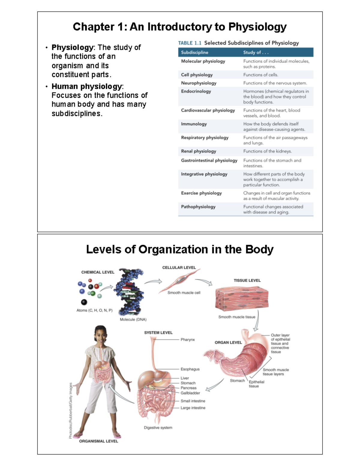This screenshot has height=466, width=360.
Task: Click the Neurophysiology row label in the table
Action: (x=199, y=83)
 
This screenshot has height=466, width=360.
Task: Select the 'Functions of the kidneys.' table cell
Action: (x=267, y=151)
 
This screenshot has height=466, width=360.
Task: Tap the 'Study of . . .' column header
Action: (x=256, y=53)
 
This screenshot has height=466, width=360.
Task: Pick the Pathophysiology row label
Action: (x=198, y=207)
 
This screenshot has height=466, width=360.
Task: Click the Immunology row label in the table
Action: (x=194, y=124)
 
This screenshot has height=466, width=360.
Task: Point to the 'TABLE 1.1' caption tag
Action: (x=190, y=43)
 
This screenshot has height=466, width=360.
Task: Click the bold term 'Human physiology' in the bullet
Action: (x=87, y=86)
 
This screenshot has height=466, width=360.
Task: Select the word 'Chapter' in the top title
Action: (x=94, y=27)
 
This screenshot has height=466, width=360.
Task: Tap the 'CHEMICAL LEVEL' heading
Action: (x=98, y=272)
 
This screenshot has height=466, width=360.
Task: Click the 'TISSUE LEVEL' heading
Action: (x=247, y=280)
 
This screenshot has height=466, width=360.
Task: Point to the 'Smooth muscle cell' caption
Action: (x=184, y=293)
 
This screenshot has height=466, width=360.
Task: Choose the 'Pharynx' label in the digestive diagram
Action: (x=187, y=340)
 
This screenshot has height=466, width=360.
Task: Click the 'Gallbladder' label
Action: (x=190, y=393)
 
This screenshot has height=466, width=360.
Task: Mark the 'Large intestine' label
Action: (x=193, y=408)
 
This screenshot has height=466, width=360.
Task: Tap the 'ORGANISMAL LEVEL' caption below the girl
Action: (x=98, y=441)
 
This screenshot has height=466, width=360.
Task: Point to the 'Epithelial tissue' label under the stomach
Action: (x=256, y=384)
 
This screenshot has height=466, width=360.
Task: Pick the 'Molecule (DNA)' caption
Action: (x=133, y=320)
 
